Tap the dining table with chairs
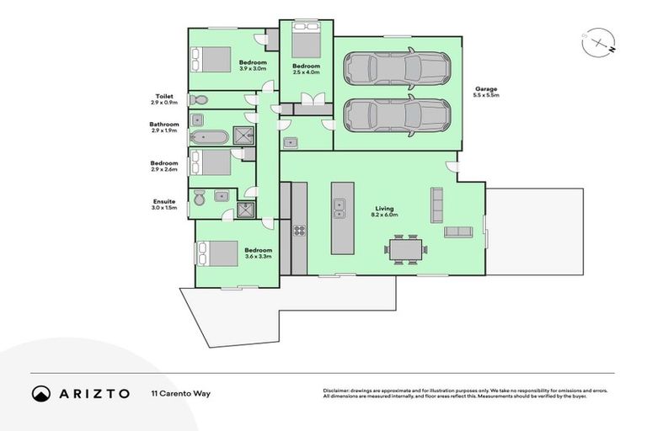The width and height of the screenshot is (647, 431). click(406, 249)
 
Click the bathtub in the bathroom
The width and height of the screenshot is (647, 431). click(208, 137)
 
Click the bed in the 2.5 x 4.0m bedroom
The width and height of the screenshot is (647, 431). click(305, 40)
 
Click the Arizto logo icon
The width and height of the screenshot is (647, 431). click(40, 393)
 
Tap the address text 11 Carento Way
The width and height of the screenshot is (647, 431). click(181, 393)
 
